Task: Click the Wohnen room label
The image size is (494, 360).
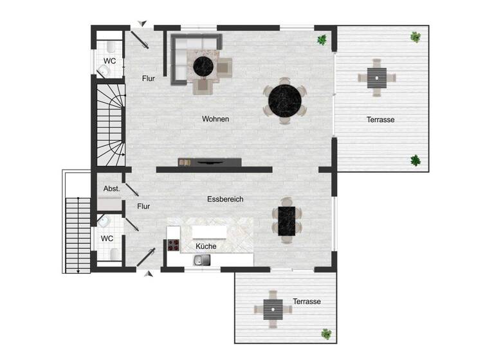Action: click(x=215, y=119)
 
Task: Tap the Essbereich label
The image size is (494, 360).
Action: click(x=225, y=199)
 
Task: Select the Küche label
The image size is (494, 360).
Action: click(x=205, y=246)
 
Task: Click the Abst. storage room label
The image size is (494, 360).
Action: click(x=111, y=189)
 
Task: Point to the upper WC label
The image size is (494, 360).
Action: click(x=109, y=61)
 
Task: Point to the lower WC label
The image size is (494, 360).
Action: click(x=107, y=238)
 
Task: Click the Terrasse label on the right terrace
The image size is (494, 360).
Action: click(x=380, y=120)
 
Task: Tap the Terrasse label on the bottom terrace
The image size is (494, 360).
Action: click(x=306, y=301)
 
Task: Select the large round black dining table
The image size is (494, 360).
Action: click(x=286, y=100)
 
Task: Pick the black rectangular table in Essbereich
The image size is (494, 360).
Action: click(x=286, y=220)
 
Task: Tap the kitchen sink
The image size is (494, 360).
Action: click(x=202, y=260)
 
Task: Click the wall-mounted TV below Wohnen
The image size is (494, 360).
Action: click(x=210, y=162)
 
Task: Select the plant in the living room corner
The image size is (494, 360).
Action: click(x=322, y=40)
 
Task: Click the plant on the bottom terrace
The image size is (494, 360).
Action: click(x=327, y=334)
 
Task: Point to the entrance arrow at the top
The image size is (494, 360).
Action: click(x=142, y=24)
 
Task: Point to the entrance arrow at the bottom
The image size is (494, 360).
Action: click(x=149, y=274)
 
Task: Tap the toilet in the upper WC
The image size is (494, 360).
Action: click(x=112, y=46)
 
